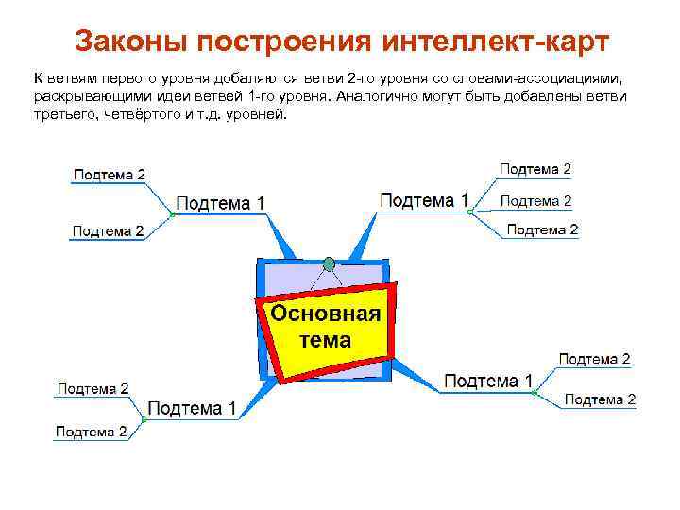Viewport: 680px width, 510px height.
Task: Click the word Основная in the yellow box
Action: pos(326,314)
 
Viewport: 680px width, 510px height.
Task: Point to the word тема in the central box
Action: pos(326,340)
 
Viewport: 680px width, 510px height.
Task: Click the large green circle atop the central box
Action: pos(329,263)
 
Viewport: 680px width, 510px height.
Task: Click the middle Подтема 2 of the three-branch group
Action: pos(535,200)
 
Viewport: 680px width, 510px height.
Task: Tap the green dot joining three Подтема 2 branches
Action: pos(469,212)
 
